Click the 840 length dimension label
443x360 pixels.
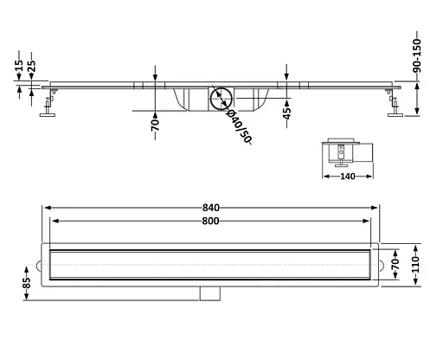[211, 208]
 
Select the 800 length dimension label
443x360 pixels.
[210, 222]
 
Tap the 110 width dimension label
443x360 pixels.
[415, 265]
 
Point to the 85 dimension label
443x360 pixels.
[26, 283]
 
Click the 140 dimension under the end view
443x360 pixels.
[348, 177]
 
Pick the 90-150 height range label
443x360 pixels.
[417, 55]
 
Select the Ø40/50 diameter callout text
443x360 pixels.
[239, 126]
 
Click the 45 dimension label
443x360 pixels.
[286, 113]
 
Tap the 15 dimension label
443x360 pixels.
[19, 66]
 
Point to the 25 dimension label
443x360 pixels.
[31, 66]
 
